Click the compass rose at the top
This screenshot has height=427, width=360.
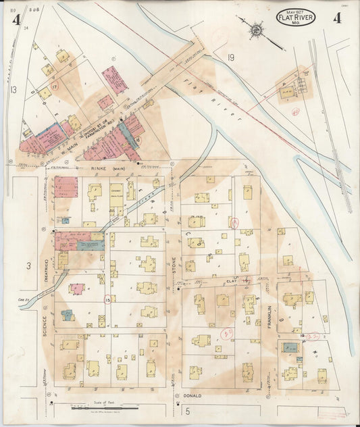(257, 29)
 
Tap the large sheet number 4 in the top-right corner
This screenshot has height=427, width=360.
(336, 18)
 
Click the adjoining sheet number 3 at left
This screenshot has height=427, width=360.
(29, 266)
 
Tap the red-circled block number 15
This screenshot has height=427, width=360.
(107, 298)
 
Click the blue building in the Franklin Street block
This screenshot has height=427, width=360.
(292, 347)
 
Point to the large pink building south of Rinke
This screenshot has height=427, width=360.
(66, 186)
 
